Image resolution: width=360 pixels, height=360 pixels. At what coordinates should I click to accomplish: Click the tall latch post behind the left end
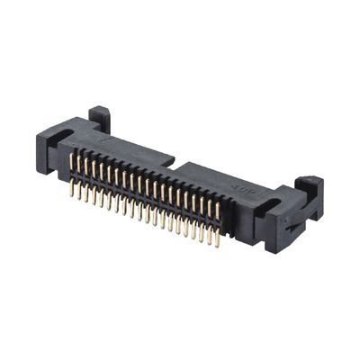pos(100,118)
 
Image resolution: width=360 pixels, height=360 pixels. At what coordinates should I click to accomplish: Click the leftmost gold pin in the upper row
pos(72,163)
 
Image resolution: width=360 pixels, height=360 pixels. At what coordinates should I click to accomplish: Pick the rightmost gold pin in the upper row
pos(217,212)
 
